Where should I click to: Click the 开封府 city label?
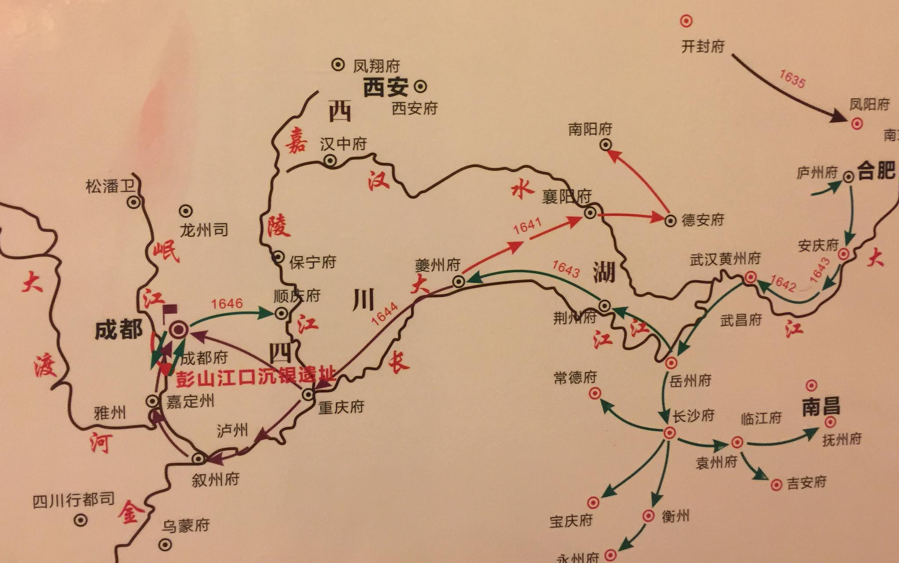coord(702,46)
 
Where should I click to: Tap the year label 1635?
coord(792,79)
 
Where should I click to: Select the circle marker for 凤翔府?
coord(338,65)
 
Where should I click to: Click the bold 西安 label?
coord(385,87)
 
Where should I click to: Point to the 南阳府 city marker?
coord(606,144)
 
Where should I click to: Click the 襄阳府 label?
coord(566,197)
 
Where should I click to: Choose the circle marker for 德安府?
coord(670,221)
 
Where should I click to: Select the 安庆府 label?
coord(818,245)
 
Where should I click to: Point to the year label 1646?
coord(227,303)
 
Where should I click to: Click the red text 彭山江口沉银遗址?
coord(256,377)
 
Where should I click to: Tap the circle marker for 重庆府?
coord(308,395)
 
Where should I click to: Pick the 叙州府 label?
coord(215,480)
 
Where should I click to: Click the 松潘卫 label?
coord(109,186)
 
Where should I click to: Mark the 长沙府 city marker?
coord(669,433)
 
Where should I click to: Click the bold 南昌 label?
coord(821,406)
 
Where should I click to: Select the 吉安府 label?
coord(806,483)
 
